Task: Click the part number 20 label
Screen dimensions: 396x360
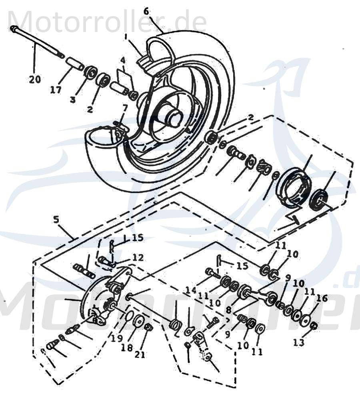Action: coord(35,80)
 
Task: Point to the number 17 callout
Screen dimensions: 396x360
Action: coord(56,90)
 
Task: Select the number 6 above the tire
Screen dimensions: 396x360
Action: coord(146,11)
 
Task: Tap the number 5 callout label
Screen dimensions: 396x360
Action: coord(56,219)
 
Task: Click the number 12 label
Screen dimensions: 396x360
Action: coord(138,258)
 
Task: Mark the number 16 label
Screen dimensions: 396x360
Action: coord(322,298)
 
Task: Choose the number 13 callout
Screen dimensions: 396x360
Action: coord(299,342)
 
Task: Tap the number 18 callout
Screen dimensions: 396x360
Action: coord(127,348)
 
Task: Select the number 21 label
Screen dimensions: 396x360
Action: coord(140,354)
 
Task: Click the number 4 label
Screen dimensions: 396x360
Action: coord(123,61)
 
